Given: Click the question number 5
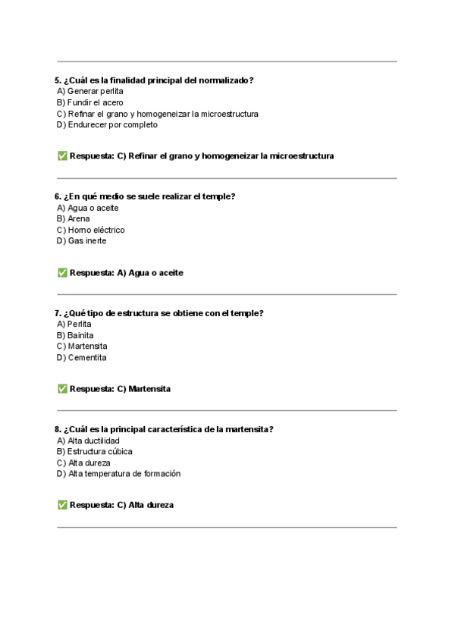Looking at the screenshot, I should coord(58,80).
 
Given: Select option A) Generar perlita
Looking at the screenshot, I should coord(89,91).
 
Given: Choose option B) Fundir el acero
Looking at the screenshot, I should coord(89,102).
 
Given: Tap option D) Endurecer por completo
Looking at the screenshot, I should coord(107,124).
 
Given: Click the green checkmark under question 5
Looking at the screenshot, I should coord(61,156).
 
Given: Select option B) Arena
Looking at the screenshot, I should coord(73,218).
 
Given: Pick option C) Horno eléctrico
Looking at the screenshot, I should coord(90,230).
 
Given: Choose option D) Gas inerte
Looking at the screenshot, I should coord(81,240).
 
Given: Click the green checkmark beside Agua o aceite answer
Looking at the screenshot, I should coord(61,272).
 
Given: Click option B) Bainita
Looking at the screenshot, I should coord(75,335).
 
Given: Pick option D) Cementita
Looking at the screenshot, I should coord(81,357).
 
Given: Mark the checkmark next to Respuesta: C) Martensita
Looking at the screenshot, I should coord(61,389).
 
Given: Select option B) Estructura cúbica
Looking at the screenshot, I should coord(94,451).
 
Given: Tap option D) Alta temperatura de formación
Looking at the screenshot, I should coord(118,474).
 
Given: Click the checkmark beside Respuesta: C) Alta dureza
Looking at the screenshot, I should coord(61,505).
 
